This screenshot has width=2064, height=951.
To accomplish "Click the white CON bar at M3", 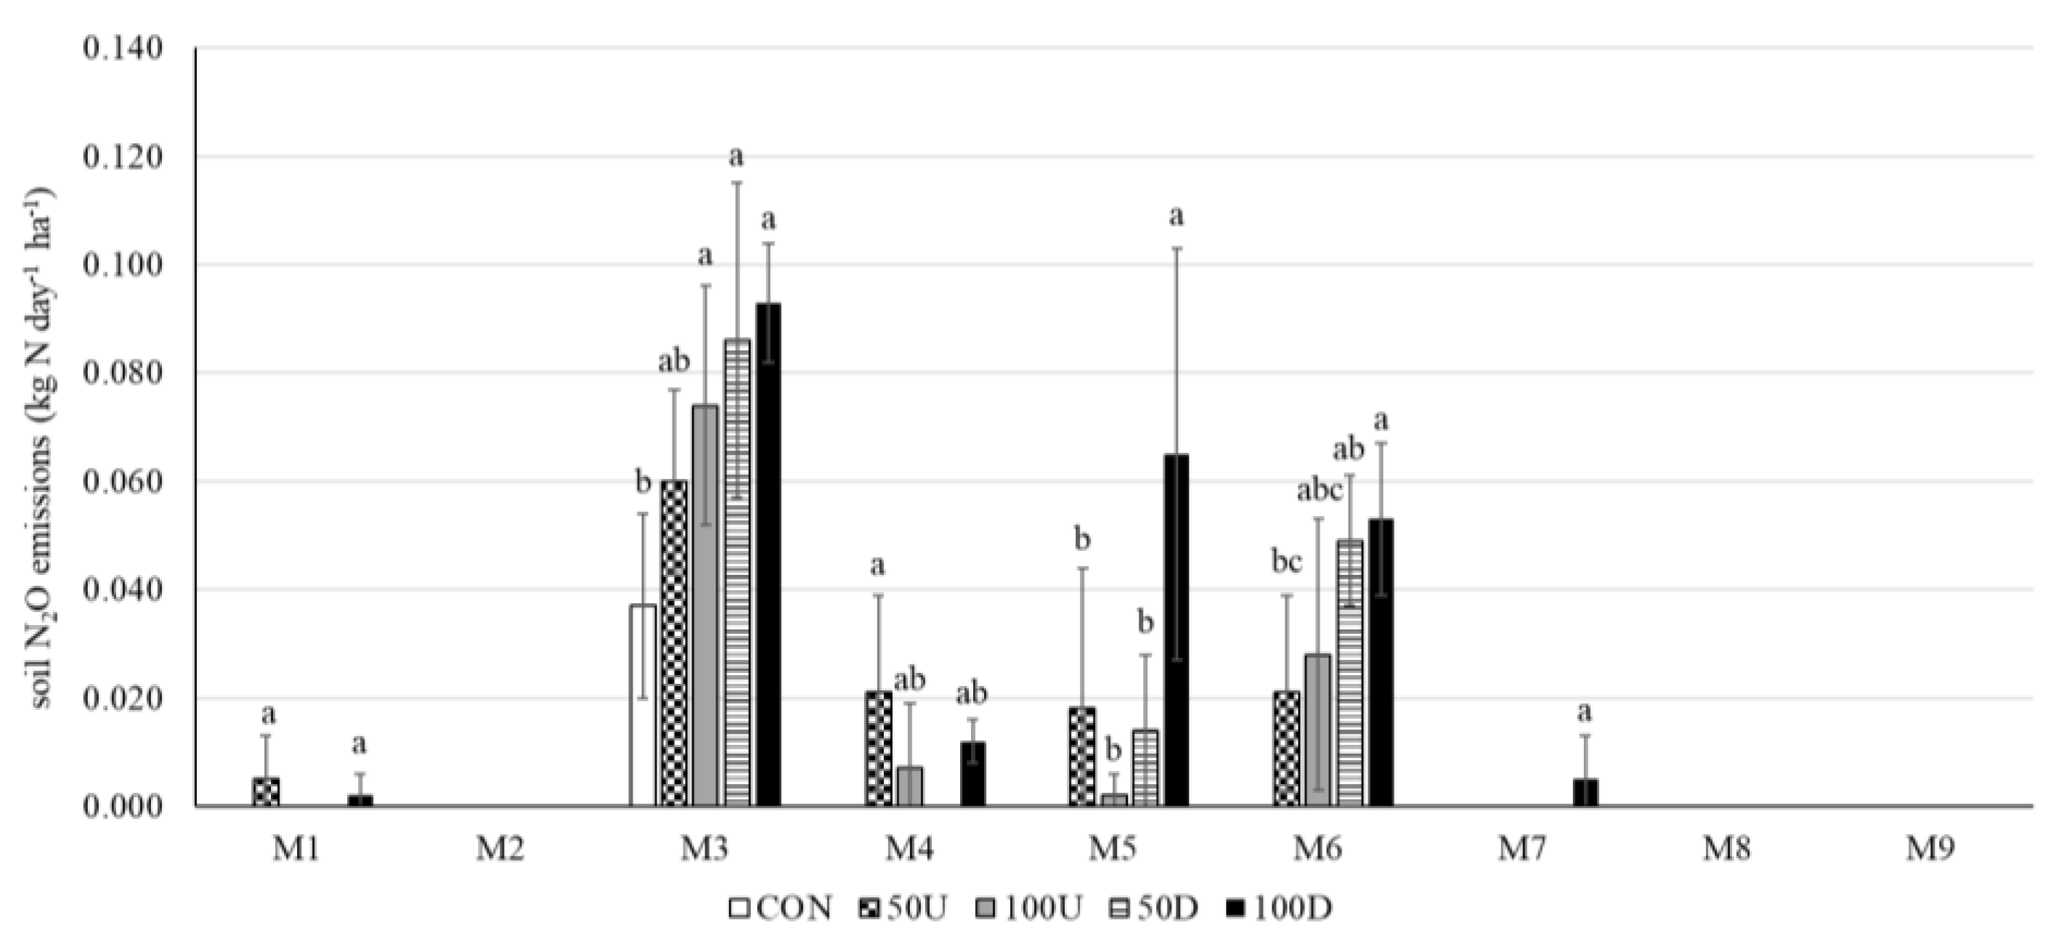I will coord(643,705).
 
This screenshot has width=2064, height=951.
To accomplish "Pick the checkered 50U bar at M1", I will coord(266,791).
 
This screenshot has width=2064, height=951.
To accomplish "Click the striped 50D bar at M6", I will coord(1349,673).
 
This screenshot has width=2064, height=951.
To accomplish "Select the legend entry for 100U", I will coord(1030,907).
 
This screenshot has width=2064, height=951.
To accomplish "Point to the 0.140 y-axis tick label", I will coord(122,48).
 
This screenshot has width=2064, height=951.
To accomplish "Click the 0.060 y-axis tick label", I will coord(122,481).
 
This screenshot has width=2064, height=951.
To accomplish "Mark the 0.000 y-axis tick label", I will coord(122,806).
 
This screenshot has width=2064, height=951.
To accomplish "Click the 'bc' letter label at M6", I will coord(1287,563).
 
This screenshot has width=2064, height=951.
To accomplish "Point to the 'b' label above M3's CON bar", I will coord(643,482).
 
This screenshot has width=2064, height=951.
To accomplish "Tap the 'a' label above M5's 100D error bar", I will coord(1177,216).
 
